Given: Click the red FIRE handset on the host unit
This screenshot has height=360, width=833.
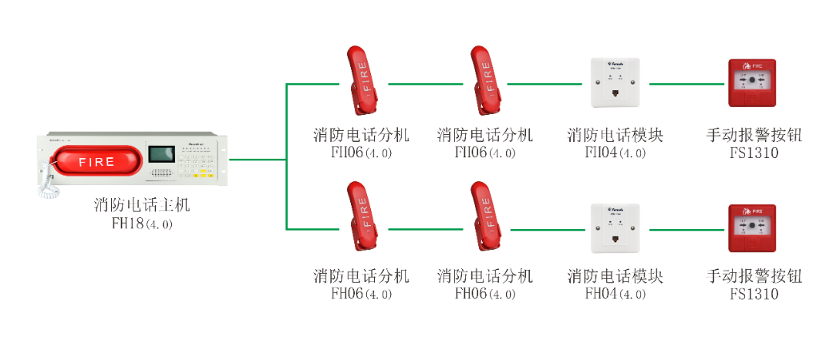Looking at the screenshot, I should [96, 162].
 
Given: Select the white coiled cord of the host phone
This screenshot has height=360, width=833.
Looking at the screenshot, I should [48, 186].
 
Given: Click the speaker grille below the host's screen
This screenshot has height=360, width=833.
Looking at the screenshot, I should [160, 173].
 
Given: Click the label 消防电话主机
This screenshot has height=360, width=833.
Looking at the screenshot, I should [142, 206].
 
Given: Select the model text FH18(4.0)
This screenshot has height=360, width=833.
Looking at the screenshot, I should [142, 224].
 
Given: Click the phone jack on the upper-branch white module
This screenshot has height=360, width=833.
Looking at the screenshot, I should [615, 94].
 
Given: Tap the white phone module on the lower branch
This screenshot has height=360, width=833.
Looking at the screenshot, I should [615, 227].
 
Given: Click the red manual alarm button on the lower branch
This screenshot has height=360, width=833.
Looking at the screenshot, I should [752, 227].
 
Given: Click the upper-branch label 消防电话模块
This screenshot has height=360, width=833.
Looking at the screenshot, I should [615, 136].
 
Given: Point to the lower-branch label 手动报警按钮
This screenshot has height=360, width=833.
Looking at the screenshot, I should [754, 276].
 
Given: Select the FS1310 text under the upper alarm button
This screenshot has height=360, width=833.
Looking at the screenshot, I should [754, 153].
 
